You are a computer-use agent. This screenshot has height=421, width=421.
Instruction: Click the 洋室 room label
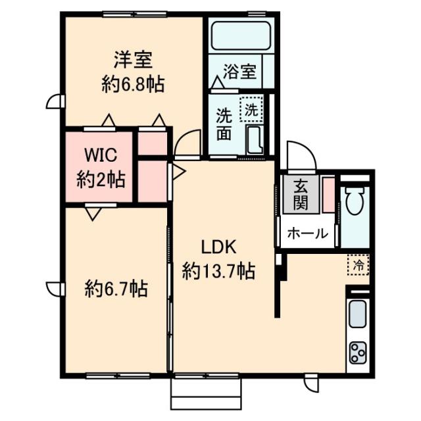click(133, 60)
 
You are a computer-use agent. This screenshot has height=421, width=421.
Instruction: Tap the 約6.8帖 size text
click(133, 84)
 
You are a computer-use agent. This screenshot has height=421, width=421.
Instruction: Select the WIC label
click(101, 155)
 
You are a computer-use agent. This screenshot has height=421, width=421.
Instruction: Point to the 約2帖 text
click(101, 180)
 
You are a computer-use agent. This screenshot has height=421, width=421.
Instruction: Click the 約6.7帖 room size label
click(116, 289)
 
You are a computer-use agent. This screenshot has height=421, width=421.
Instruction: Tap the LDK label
click(219, 247)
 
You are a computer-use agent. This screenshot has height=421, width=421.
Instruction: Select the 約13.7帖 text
click(218, 271)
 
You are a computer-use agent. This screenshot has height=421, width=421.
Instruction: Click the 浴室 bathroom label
click(239, 72)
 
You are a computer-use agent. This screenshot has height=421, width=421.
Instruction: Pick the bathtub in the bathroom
click(241, 36)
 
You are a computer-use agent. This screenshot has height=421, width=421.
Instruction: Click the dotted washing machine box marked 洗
click(251, 109)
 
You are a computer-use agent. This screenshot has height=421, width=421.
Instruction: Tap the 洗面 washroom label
click(224, 124)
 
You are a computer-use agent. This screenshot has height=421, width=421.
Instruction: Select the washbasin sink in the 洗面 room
click(255, 140)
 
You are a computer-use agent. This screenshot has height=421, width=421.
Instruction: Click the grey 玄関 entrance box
click(301, 195)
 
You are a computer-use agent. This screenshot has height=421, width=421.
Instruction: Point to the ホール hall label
click(307, 234)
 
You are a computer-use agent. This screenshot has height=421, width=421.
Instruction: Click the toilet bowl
click(355, 200)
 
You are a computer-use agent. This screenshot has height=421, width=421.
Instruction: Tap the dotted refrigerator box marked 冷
click(358, 265)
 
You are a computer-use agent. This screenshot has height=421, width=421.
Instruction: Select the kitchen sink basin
click(357, 314)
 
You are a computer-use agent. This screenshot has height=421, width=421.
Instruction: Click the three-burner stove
click(358, 353)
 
